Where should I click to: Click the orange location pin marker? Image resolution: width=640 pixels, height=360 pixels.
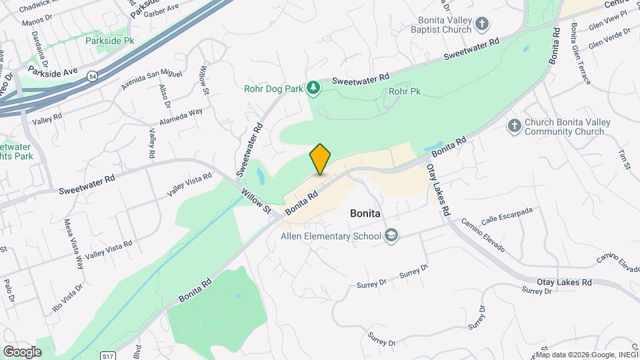[320, 159]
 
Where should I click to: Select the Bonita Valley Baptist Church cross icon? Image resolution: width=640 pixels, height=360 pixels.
[482, 25]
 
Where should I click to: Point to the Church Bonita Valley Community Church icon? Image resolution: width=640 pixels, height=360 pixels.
[514, 125]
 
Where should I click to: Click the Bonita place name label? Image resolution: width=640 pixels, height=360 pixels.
[365, 214]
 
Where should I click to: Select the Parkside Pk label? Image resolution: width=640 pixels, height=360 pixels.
[110, 41]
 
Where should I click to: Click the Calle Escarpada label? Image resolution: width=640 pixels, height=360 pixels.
[507, 215]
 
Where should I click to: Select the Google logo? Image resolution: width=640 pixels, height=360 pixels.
[22, 351]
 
